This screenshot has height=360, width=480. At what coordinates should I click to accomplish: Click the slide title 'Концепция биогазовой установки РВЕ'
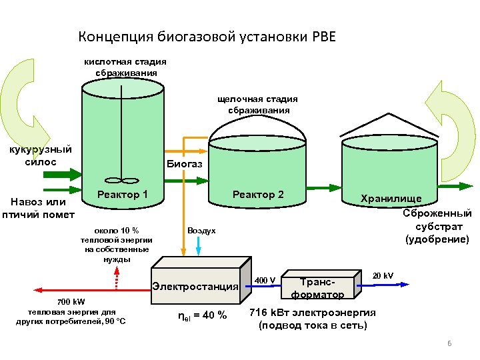pyautogui.click(x=207, y=36)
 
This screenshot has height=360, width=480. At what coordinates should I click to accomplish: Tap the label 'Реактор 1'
pyautogui.click(x=123, y=195)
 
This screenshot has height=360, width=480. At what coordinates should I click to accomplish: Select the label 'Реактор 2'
pyautogui.click(x=258, y=195)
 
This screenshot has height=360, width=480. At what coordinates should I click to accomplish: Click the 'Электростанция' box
pyautogui.click(x=195, y=287)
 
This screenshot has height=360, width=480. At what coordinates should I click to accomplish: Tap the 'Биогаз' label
pyautogui.click(x=179, y=163)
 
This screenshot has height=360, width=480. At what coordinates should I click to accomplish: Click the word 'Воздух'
pyautogui.click(x=201, y=231)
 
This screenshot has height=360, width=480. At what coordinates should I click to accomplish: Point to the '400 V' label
pyautogui.click(x=265, y=280)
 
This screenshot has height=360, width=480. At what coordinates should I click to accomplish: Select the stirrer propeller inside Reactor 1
pyautogui.click(x=121, y=179)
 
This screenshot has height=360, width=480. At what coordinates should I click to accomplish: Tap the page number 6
pyautogui.click(x=449, y=343)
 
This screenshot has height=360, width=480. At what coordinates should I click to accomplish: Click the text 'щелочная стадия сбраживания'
pyautogui.click(x=258, y=105)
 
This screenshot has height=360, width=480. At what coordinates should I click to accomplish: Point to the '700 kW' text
pyautogui.click(x=71, y=302)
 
